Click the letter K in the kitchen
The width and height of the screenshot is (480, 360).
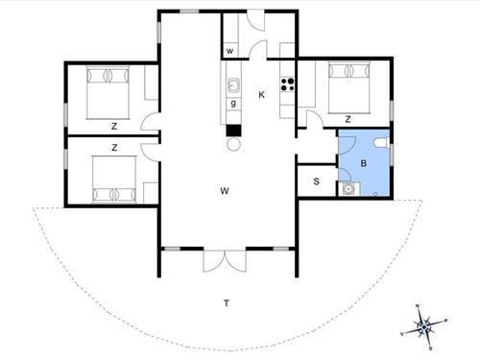261,94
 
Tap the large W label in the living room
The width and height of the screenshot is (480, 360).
224,191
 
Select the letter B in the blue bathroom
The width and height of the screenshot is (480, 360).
363,164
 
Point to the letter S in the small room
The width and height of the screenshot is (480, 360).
317,180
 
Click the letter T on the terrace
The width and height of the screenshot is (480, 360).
227,303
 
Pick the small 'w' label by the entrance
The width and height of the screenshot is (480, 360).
230,52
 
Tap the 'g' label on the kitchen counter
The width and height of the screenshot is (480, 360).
232,102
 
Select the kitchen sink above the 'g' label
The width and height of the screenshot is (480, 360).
232,85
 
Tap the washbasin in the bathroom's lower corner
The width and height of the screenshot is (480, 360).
348,189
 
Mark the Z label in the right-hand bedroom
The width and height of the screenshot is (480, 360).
348,119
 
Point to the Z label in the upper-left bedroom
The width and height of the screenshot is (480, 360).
113,126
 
